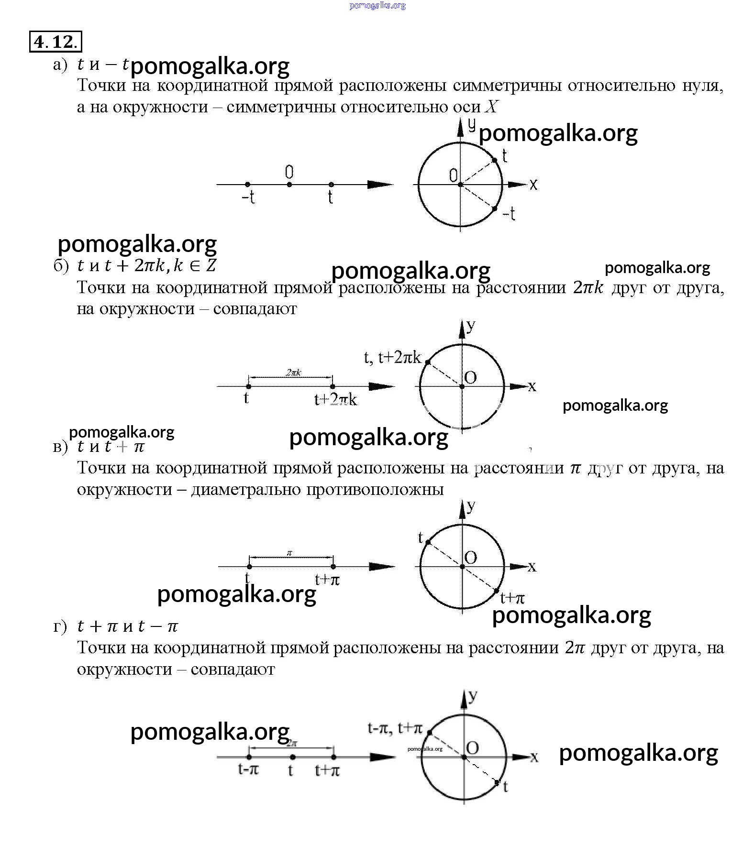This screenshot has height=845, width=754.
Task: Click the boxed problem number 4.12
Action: click(x=55, y=42)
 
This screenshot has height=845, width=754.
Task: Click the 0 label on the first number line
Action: click(x=289, y=172)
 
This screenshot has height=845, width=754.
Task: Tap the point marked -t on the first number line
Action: click(x=247, y=185)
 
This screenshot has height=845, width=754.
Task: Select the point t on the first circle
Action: click(x=495, y=160)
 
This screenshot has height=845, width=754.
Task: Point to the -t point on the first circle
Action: click(x=495, y=209)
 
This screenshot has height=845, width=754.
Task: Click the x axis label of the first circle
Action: click(x=533, y=184)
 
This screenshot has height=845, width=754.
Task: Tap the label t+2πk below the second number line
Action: click(x=335, y=399)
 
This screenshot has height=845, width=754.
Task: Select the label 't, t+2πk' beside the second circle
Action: click(x=393, y=357)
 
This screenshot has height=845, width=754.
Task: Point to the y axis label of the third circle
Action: click(x=471, y=506)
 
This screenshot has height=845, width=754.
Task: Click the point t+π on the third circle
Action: click(x=497, y=591)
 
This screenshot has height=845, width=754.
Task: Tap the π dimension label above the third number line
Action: click(x=289, y=553)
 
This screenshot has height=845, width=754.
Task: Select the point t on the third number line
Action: click(x=249, y=567)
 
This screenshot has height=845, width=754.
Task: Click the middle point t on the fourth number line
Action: click(x=292, y=757)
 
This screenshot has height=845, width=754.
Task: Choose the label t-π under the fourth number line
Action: click(x=248, y=769)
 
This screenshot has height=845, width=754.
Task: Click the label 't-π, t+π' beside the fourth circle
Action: click(x=395, y=728)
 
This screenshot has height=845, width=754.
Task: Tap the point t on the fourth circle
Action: click(x=497, y=782)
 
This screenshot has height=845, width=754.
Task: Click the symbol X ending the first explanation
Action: click(x=491, y=107)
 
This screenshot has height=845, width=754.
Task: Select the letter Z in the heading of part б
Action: click(x=211, y=265)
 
